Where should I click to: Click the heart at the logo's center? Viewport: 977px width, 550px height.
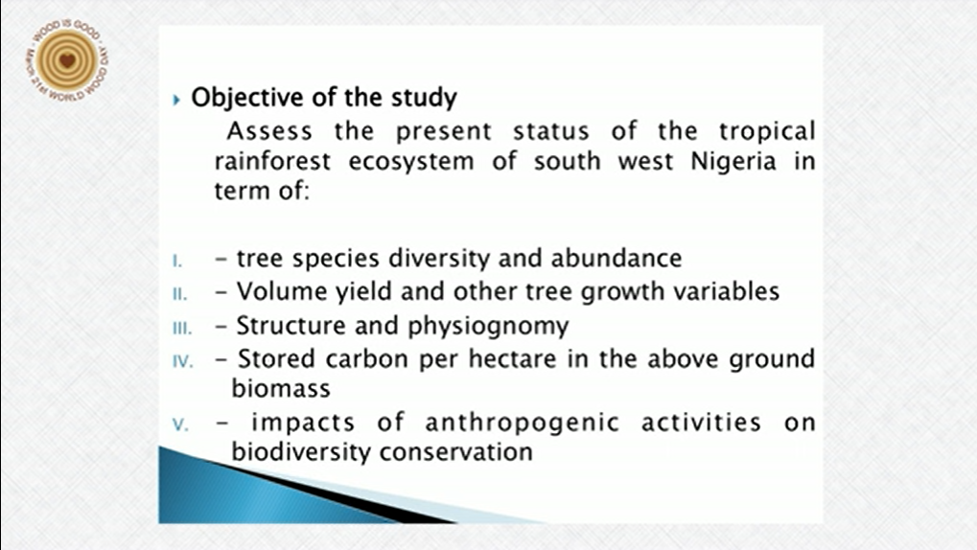point(67,61)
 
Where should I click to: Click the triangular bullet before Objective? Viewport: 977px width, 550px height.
point(176,99)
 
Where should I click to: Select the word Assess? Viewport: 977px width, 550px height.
point(269,131)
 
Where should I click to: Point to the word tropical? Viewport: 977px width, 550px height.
point(767,132)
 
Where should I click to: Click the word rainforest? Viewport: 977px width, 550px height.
point(272,161)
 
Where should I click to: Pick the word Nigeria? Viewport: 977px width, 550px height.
point(733,162)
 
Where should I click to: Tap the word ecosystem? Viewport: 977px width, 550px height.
point(411,162)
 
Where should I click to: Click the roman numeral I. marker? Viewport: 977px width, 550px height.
point(177,261)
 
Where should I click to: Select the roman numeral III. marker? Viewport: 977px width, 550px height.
point(182,328)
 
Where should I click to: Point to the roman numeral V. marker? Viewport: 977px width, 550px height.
point(180,424)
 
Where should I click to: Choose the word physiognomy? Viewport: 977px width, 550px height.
point(489,327)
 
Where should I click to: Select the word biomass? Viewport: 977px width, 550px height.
point(281,389)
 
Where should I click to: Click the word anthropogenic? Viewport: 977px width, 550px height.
point(523,424)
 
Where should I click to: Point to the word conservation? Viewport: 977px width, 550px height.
point(456,452)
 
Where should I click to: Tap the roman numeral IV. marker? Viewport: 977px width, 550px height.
point(182,361)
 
